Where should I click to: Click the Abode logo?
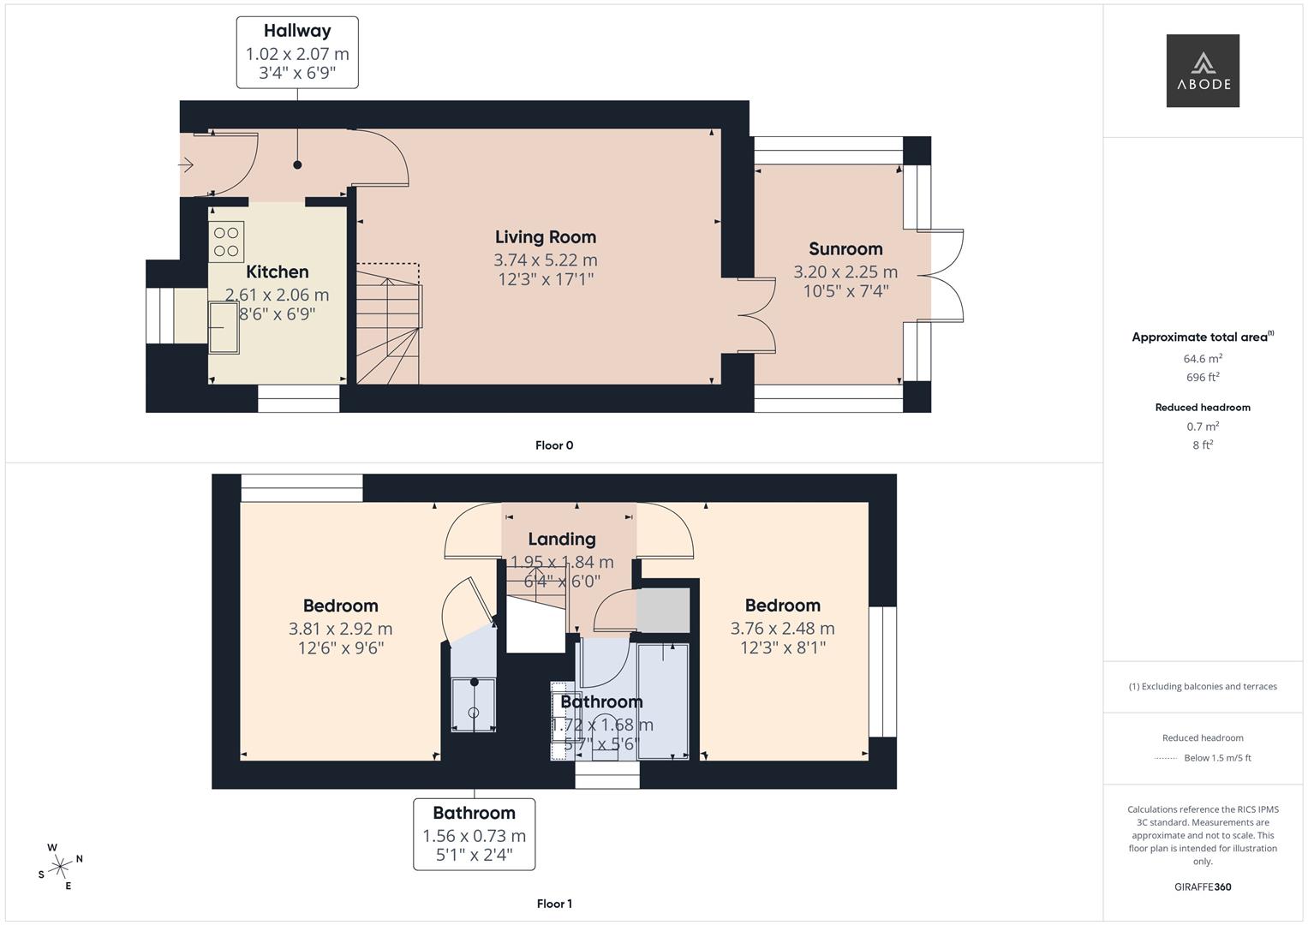tap(1202, 70)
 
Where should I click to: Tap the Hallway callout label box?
tap(297, 52)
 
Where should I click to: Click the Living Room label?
tap(545, 237)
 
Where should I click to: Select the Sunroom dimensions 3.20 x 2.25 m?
tap(845, 272)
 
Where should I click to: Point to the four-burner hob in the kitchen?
tap(226, 242)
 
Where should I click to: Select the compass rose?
tap(59, 867)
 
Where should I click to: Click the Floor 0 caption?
tap(554, 445)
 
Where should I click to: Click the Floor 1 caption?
tap(554, 904)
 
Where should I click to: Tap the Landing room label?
tap(561, 539)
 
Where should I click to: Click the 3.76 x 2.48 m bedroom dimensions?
tap(782, 628)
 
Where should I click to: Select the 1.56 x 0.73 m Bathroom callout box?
tap(474, 833)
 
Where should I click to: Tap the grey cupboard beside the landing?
tap(664, 610)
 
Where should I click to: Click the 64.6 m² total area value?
tap(1202, 359)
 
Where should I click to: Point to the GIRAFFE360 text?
tap(1202, 886)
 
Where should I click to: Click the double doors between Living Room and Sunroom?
tap(758, 314)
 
